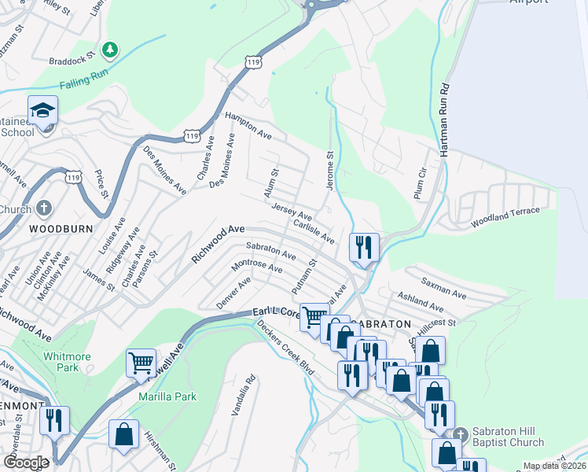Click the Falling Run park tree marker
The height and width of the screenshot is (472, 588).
(111, 50)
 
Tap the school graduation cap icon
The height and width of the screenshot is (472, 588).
(43, 111)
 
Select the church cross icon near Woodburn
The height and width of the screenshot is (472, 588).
(44, 209)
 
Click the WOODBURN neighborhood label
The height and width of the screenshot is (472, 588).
(61, 229)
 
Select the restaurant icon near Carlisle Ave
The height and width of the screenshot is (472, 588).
(364, 247)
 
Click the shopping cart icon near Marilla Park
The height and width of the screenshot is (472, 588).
(141, 363)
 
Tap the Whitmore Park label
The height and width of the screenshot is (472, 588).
(67, 362)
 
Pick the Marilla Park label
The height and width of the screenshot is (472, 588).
(167, 396)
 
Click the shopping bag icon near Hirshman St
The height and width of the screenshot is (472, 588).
(123, 435)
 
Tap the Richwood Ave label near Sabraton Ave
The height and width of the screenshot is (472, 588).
(218, 244)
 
